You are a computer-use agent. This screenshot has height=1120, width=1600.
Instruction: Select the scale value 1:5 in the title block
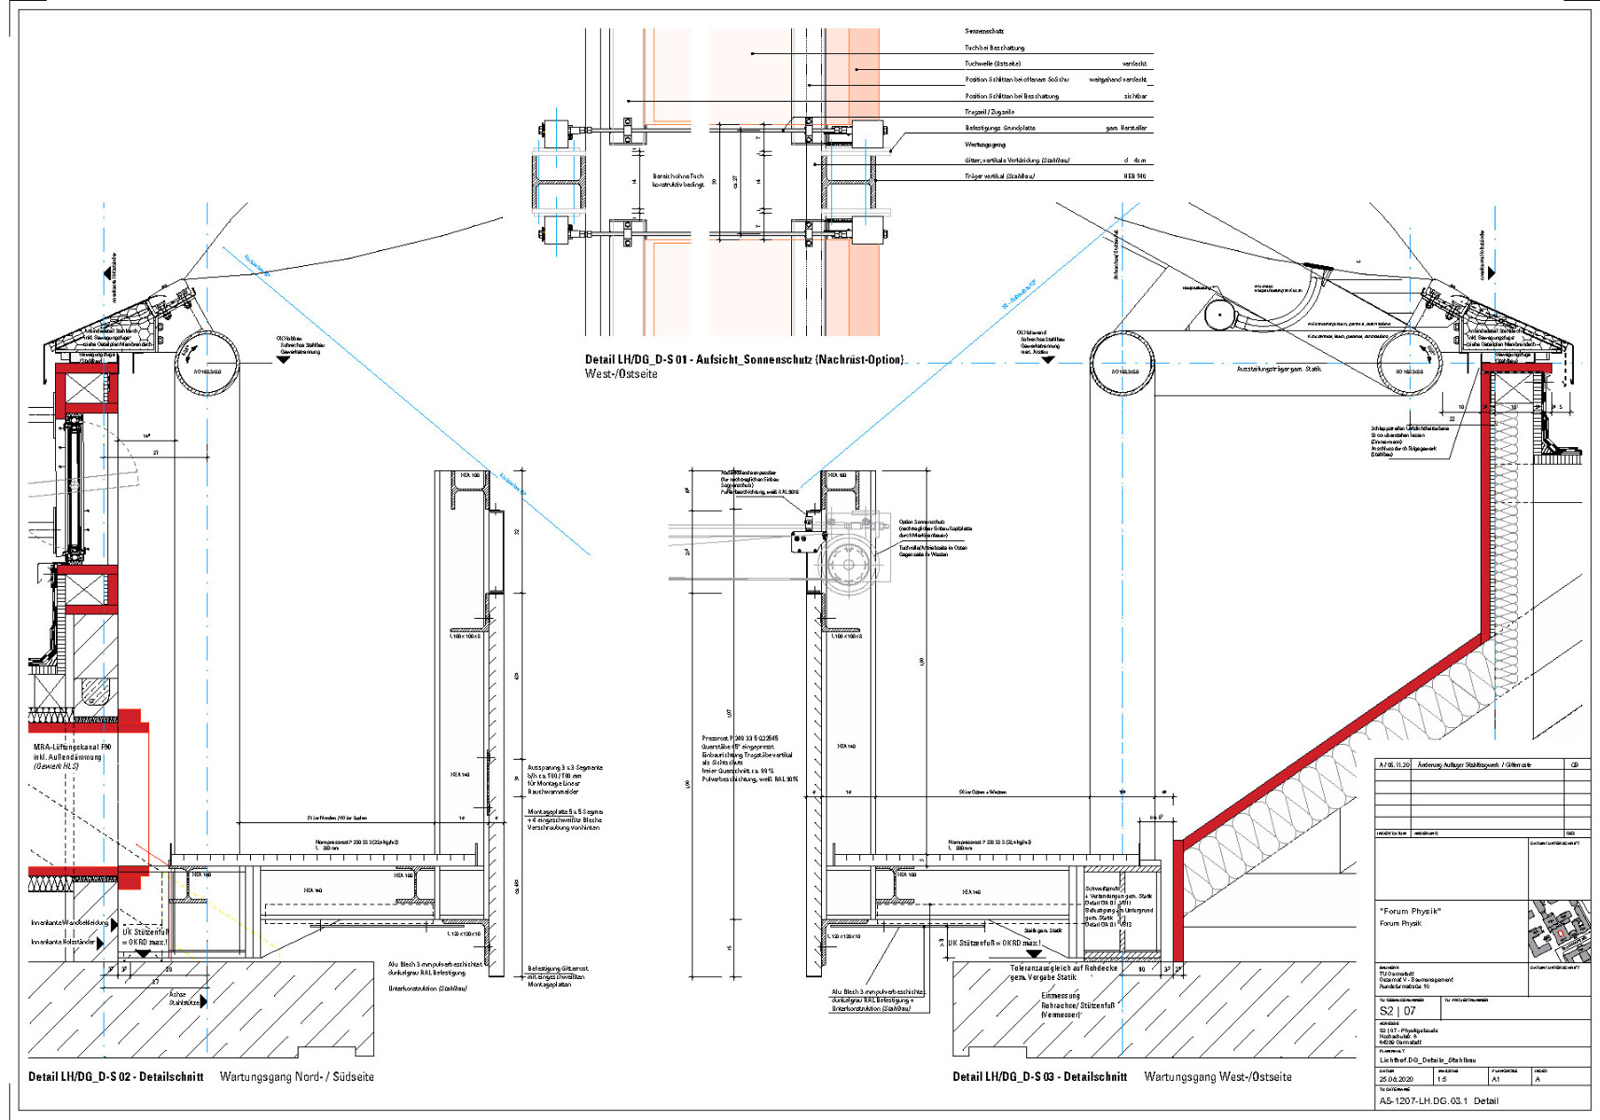pyautogui.click(x=1442, y=1079)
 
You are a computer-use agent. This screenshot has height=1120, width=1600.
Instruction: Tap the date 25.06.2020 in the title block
pyautogui.click(x=1396, y=1079)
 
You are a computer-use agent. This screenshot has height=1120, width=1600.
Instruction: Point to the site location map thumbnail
pyautogui.click(x=1559, y=931)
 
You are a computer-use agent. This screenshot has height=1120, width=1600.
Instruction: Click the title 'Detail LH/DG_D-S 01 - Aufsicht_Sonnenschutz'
pyautogui.click(x=744, y=359)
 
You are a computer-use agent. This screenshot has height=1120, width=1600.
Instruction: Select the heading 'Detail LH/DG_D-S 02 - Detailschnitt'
pyautogui.click(x=116, y=1076)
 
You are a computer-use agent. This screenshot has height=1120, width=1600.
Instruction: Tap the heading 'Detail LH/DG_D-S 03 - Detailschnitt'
pyautogui.click(x=1039, y=1076)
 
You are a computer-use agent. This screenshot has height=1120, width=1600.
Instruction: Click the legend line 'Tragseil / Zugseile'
pyautogui.click(x=989, y=112)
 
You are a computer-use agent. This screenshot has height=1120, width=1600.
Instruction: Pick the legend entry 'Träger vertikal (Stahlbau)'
pyautogui.click(x=999, y=175)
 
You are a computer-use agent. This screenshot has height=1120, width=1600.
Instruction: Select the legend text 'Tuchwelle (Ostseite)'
pyautogui.click(x=993, y=63)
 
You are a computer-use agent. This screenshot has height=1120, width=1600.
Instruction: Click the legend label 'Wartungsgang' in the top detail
pyautogui.click(x=984, y=145)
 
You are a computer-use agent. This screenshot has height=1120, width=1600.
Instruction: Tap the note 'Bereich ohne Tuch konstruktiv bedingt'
pyautogui.click(x=678, y=180)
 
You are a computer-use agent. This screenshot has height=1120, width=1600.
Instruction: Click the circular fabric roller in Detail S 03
pyautogui.click(x=848, y=564)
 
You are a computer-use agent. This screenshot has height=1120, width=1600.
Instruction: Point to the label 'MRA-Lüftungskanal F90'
pyautogui.click(x=73, y=748)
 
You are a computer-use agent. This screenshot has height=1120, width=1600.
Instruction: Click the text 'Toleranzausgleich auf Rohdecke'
pyautogui.click(x=1063, y=968)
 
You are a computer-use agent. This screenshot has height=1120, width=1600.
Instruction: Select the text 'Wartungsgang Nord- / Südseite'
pyautogui.click(x=297, y=1076)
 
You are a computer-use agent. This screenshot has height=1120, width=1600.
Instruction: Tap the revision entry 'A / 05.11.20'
pyautogui.click(x=1395, y=764)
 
